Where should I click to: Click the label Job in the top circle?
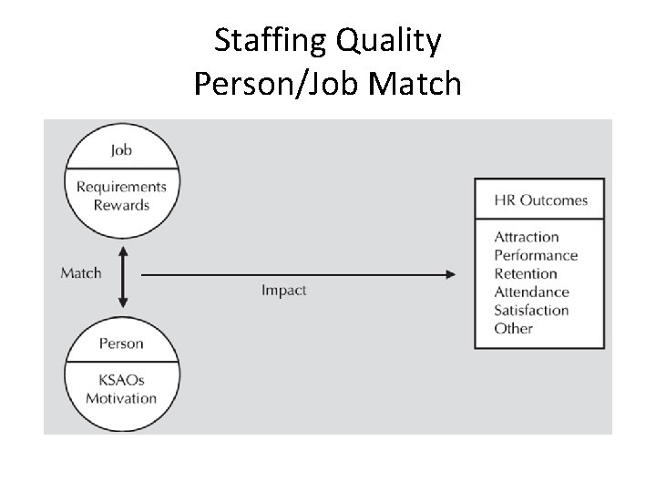pos(121,150)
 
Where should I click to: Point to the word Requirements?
pos(121,187)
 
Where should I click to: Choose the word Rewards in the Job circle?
pos(121,205)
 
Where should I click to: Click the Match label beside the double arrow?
pos(81,272)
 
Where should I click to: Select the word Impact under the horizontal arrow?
pos(283,291)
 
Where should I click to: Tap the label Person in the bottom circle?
pos(121,343)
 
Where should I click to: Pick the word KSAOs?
pos(121,380)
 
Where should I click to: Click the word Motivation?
pos(121,398)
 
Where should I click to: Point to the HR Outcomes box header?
pos(540,200)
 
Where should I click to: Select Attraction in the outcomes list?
pos(526,237)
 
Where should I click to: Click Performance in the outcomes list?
pos(536,256)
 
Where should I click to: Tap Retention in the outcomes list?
pos(525,273)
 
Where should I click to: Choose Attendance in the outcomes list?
pos(531,292)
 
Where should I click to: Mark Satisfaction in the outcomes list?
pos(531,311)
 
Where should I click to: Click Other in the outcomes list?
pos(513,329)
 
